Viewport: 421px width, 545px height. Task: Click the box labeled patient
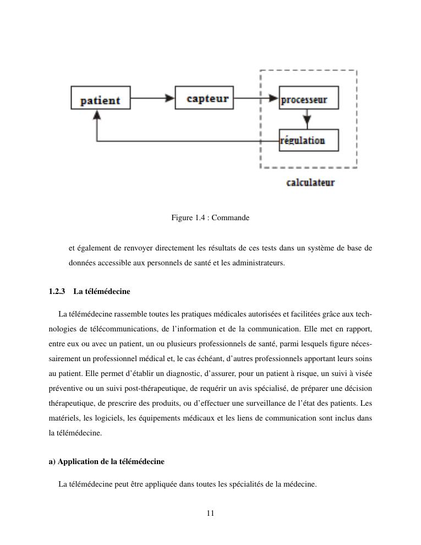click(x=101, y=98)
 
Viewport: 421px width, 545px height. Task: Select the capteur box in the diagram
click(x=204, y=97)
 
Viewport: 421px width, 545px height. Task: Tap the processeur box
click(x=308, y=98)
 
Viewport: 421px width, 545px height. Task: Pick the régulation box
click(x=308, y=140)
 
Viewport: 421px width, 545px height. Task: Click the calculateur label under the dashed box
click(x=310, y=182)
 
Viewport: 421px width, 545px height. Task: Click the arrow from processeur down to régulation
click(x=307, y=118)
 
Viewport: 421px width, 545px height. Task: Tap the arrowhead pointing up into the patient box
click(x=97, y=115)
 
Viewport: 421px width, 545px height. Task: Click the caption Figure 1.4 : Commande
click(x=210, y=218)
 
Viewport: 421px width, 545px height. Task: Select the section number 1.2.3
click(x=57, y=291)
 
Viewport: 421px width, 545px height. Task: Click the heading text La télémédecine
click(x=102, y=291)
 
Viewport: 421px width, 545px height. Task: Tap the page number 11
click(x=210, y=514)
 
